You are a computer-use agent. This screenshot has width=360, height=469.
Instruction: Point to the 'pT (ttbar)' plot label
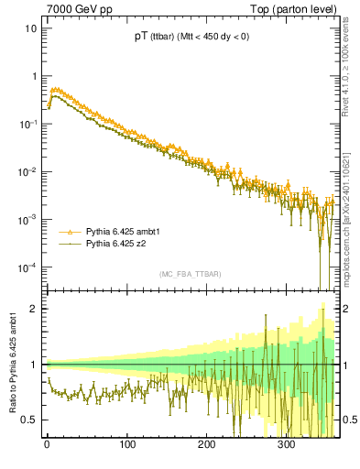click(154, 37)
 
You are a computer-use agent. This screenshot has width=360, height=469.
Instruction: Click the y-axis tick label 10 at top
click(30, 28)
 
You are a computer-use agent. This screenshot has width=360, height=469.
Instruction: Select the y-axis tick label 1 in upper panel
click(33, 76)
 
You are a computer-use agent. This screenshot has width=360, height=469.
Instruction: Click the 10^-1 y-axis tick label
click(27, 124)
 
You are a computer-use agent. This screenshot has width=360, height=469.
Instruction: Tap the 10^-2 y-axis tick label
click(27, 171)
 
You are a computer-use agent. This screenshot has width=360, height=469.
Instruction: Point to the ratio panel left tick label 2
click(33, 309)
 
